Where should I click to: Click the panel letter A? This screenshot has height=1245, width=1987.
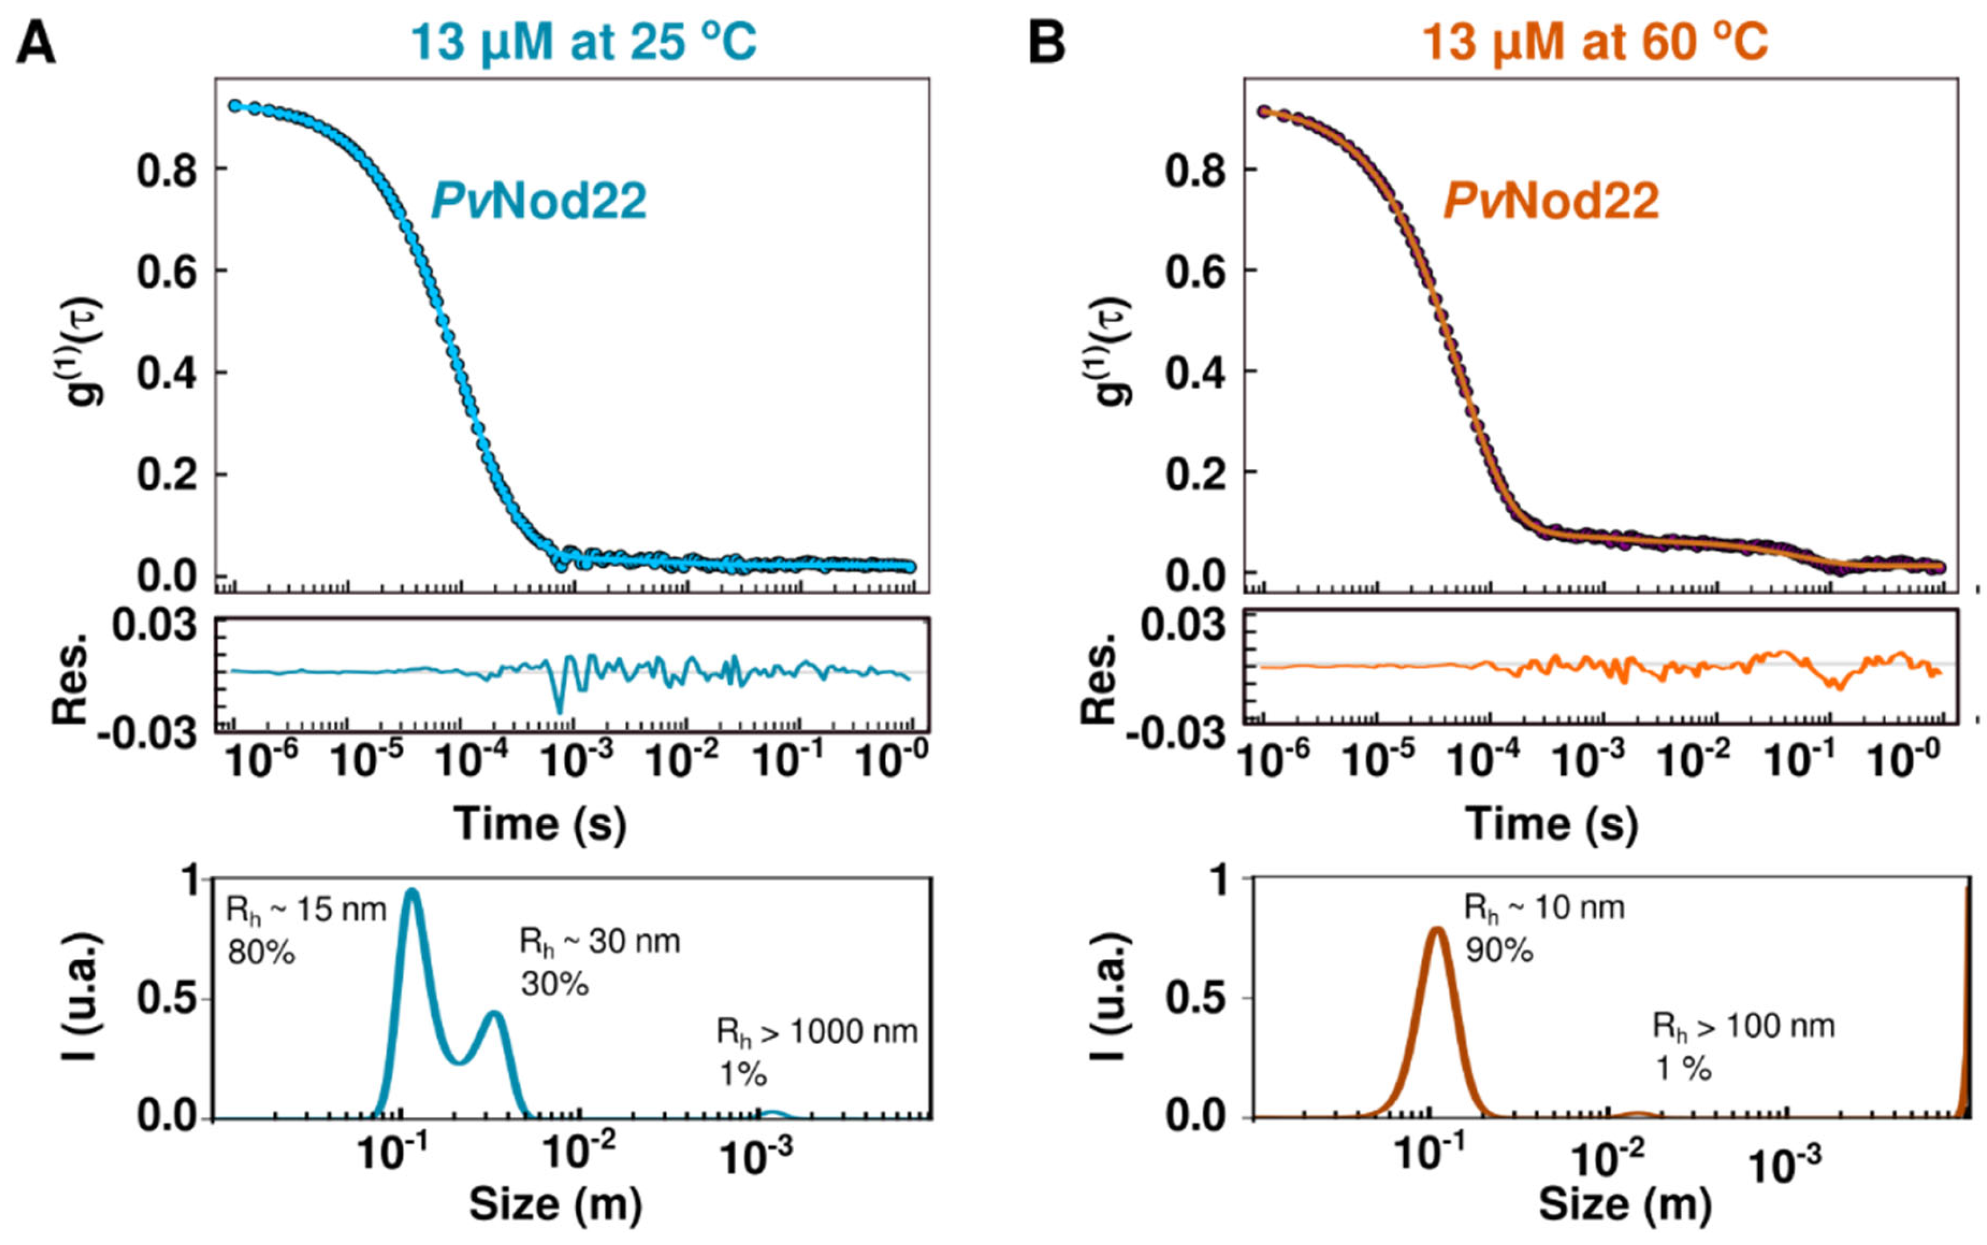pyautogui.click(x=36, y=43)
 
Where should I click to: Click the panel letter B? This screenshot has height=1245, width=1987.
pyautogui.click(x=1047, y=43)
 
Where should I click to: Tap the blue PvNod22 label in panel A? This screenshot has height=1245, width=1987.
pyautogui.click(x=539, y=201)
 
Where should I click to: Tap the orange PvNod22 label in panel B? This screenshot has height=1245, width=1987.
pyautogui.click(x=1551, y=201)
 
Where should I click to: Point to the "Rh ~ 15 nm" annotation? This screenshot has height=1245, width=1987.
pyautogui.click(x=306, y=910)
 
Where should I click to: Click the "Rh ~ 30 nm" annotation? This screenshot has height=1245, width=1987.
pyautogui.click(x=599, y=941)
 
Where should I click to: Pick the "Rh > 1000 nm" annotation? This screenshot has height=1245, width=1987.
pyautogui.click(x=817, y=1031)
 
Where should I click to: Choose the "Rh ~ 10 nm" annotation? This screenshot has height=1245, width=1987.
pyautogui.click(x=1544, y=908)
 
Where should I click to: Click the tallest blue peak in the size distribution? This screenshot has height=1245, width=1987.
pyautogui.click(x=411, y=893)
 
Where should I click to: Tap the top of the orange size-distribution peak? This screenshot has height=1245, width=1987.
pyautogui.click(x=1437, y=930)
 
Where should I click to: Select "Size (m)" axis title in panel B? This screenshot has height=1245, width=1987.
pyautogui.click(x=1625, y=1204)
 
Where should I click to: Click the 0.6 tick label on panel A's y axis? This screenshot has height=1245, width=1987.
pyautogui.click(x=167, y=272)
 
